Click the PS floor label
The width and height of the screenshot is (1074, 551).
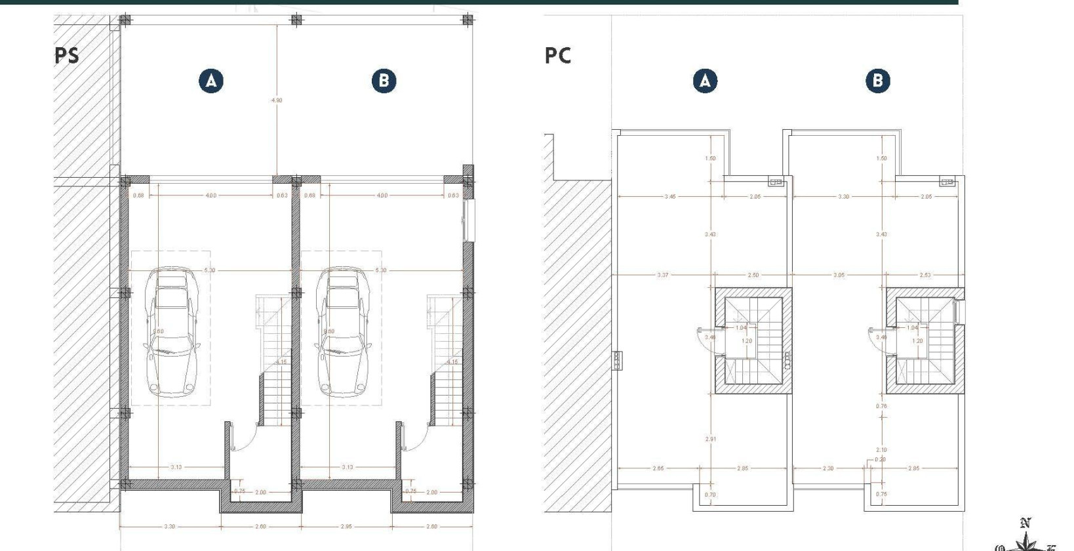pos(67,56)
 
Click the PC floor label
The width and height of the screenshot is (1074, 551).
pos(558,56)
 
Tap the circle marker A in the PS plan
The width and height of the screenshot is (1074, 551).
pos(211,81)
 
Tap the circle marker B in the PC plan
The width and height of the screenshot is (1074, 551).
pos(878,81)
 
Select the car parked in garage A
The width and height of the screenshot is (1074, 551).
pos(172,331)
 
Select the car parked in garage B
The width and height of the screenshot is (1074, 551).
pos(342,331)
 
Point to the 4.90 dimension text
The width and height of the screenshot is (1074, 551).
pos(277,100)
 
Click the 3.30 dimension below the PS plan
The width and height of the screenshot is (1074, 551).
pos(169,527)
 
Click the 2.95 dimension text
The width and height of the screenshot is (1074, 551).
pos(346,527)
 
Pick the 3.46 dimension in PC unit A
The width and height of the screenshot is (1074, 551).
pos(669,197)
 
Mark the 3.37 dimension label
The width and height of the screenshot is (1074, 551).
pos(663,275)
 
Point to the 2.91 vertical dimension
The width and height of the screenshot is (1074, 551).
pos(710,439)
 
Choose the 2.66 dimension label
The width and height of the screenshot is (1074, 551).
pos(658,468)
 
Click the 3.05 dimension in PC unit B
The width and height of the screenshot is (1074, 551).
pos(839,275)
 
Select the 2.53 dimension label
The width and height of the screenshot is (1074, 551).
pos(925,275)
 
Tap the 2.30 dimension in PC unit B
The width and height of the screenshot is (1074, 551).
pos(828,468)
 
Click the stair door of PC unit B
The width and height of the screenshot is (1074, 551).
pos(878,340)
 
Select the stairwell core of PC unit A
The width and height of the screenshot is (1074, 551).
pos(753,340)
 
